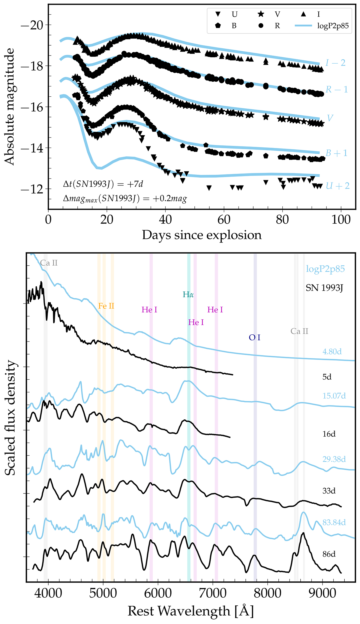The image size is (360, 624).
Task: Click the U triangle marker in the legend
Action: (x=218, y=14)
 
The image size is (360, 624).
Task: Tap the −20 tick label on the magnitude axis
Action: (x=31, y=25)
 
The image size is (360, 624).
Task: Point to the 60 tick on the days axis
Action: (x=224, y=220)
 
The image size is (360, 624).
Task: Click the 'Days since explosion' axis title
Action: (x=202, y=235)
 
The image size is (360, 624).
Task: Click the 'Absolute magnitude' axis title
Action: (x=10, y=107)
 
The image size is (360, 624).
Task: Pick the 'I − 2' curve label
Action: (x=335, y=63)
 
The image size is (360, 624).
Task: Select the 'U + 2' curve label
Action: (x=338, y=186)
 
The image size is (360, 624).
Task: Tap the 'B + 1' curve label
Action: (x=337, y=153)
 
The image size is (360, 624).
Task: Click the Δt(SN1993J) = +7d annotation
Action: (x=103, y=184)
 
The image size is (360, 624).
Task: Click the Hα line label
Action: (x=188, y=294)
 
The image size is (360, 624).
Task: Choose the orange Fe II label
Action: (x=106, y=306)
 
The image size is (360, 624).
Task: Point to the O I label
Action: (x=254, y=338)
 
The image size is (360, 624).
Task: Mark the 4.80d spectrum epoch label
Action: (x=332, y=351)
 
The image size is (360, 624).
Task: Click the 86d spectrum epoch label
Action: (x=329, y=554)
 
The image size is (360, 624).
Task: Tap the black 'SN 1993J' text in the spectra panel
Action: (x=324, y=288)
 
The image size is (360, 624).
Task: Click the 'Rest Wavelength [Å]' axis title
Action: (x=190, y=611)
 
